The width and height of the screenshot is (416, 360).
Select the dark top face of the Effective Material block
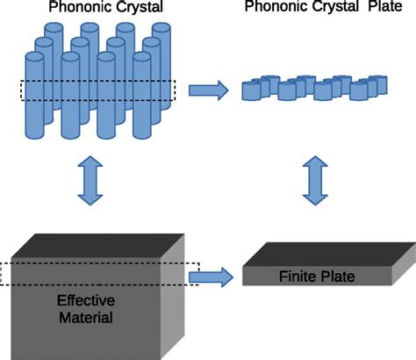(101, 246)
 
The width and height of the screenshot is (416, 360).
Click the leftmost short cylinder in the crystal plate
(250, 90)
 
